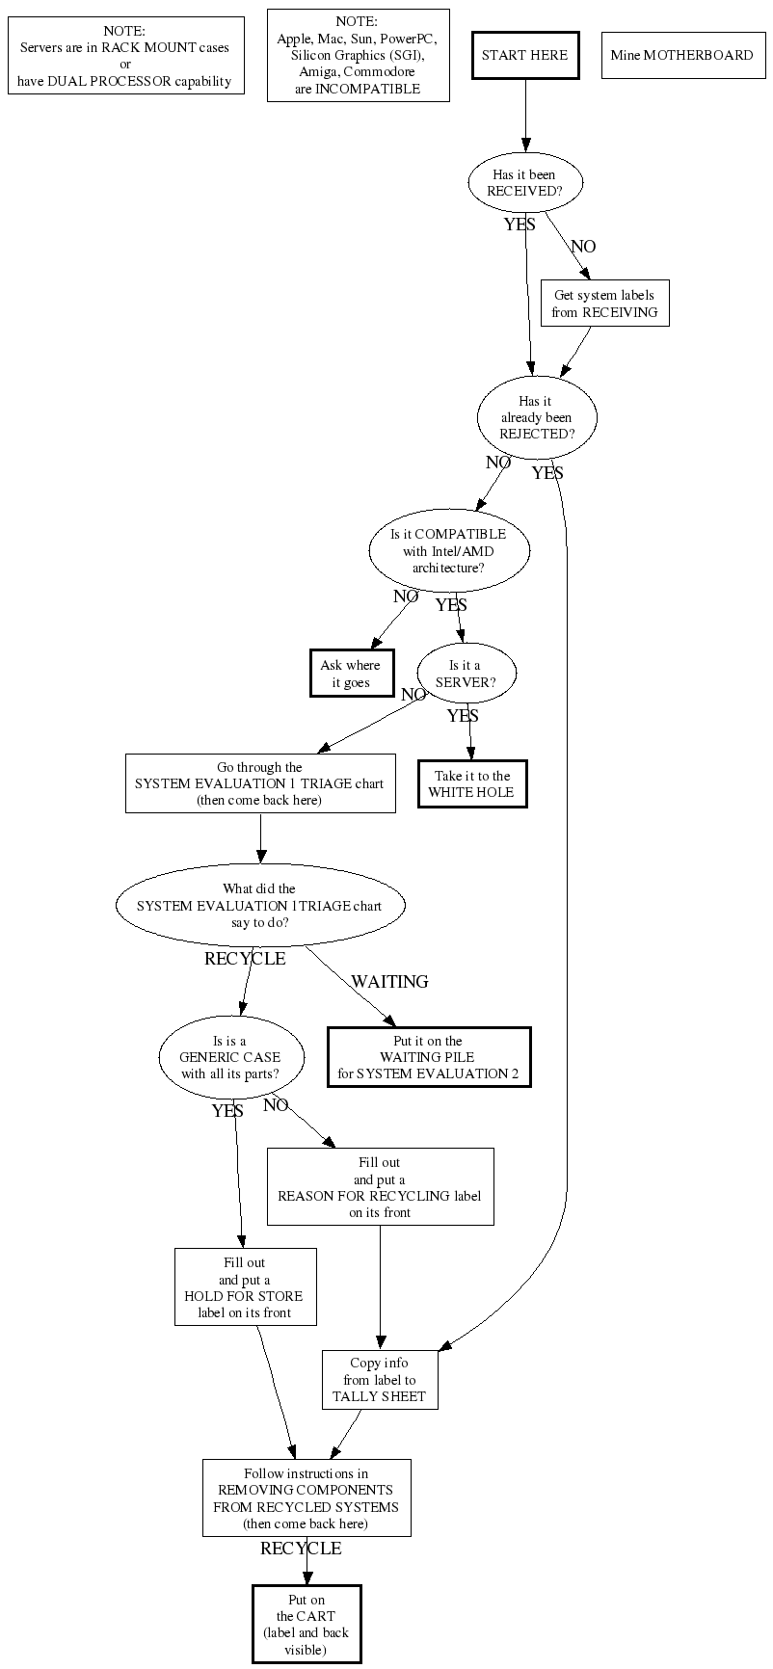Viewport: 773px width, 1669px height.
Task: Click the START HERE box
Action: point(525,55)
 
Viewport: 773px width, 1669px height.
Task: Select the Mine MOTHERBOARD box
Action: point(681,55)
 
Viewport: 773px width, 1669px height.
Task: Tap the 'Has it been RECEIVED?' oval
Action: point(524,183)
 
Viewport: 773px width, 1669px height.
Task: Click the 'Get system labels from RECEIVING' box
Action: point(604,304)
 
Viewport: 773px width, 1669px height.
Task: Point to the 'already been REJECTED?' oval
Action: point(537,417)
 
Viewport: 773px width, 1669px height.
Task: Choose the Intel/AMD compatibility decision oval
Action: point(448,550)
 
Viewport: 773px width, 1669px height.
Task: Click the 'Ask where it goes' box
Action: point(351,674)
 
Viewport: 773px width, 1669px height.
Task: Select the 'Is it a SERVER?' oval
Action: point(466,674)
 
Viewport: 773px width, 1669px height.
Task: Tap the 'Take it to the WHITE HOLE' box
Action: point(472,783)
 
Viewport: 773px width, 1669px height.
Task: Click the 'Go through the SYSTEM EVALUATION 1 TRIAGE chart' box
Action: point(259,783)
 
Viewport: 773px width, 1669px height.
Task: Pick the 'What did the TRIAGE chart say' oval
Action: point(259,906)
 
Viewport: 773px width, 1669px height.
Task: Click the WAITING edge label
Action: point(389,982)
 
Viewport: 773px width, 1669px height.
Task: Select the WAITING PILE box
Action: point(428,1057)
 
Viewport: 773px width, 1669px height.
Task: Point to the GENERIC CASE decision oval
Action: point(230,1057)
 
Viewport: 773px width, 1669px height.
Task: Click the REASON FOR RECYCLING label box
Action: point(380,1186)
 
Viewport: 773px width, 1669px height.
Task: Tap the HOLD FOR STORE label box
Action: point(245,1286)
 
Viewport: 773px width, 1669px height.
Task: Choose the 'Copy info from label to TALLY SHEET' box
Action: point(380,1379)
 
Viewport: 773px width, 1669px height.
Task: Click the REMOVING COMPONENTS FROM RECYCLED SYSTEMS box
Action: point(307,1497)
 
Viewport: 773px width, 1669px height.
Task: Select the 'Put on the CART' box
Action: point(307,1624)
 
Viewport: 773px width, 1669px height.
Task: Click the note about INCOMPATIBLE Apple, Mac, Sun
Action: point(358,55)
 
